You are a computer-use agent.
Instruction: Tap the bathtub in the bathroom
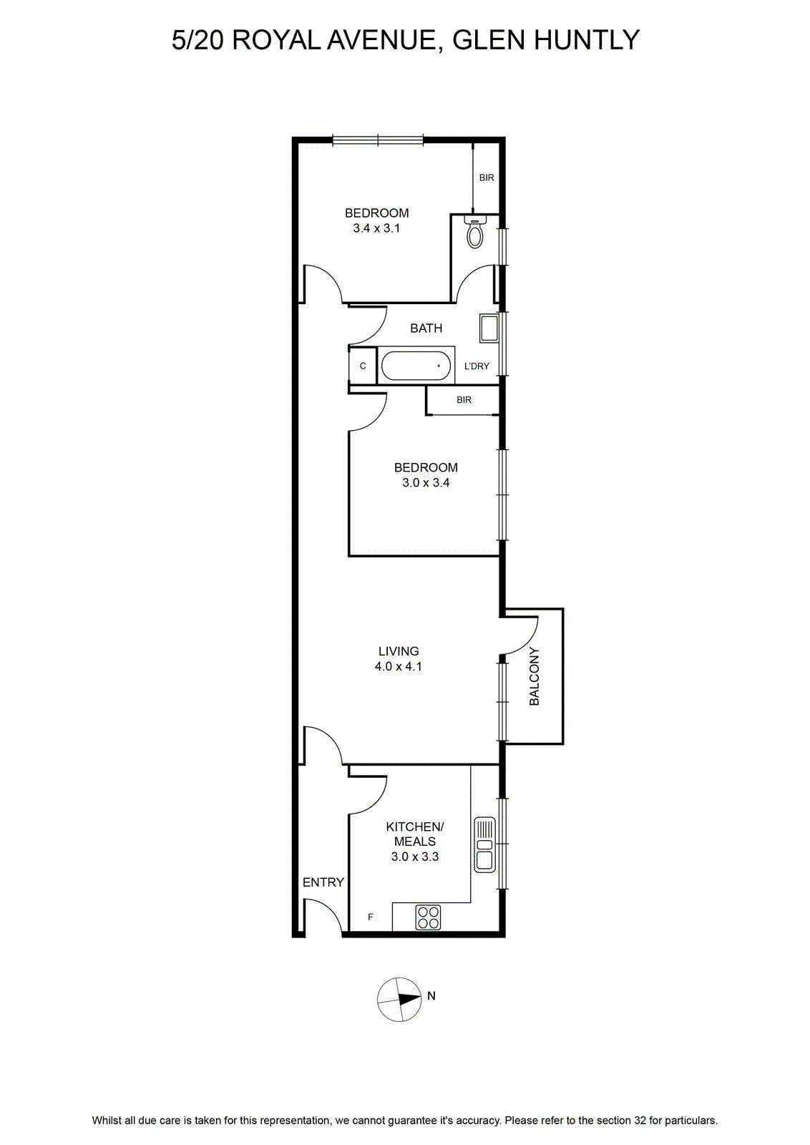(416, 366)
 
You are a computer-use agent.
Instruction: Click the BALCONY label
(534, 676)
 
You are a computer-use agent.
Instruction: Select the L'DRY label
(477, 366)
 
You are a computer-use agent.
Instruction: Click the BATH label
(426, 328)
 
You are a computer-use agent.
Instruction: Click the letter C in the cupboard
(363, 366)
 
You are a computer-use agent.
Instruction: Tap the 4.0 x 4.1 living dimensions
(399, 666)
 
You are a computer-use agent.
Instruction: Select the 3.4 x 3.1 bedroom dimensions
(376, 228)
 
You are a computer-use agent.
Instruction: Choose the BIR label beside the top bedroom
(487, 178)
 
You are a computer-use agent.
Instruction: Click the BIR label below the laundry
(464, 400)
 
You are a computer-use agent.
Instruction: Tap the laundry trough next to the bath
(489, 328)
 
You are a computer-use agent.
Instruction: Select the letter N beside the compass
(431, 995)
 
